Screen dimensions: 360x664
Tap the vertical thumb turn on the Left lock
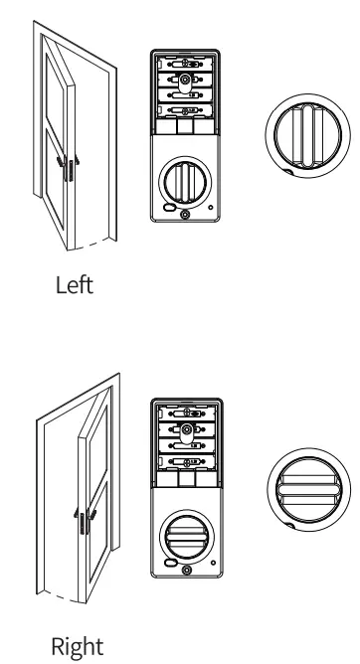(184, 183)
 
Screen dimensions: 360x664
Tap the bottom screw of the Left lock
(185, 218)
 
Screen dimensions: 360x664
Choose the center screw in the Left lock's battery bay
(185, 79)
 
